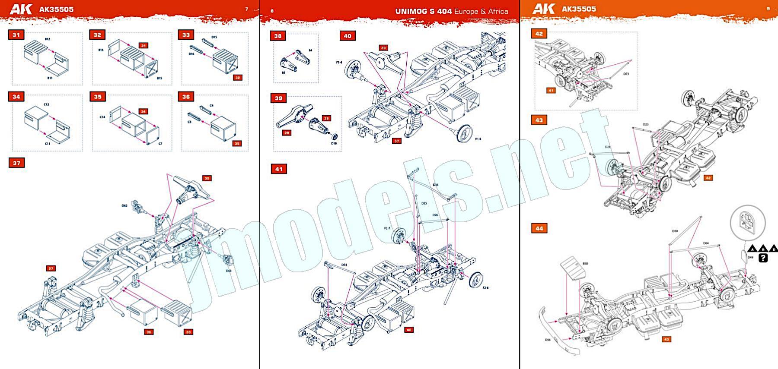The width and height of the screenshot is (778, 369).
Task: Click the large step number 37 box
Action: pos(16,163)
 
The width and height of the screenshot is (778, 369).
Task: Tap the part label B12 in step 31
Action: pos(48,39)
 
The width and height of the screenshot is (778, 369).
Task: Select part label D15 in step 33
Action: pos(214,38)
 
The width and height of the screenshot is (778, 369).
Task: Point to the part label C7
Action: pos(160,143)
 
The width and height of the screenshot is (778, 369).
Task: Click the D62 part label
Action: pos(124,206)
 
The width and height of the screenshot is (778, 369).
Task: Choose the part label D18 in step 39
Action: pos(334,143)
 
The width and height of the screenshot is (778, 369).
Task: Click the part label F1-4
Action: pos(339,63)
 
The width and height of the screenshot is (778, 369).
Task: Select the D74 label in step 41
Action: pos(344,265)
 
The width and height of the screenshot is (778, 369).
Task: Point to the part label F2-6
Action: pos(485,288)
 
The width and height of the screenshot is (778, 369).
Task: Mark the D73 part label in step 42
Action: pos(626,74)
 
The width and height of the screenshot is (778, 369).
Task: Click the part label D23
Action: pos(645,125)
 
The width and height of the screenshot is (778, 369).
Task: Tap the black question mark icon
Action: pos(763,258)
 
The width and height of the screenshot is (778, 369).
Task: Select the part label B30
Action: pos(585,263)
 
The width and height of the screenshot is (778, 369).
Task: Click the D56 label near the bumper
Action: pos(548,340)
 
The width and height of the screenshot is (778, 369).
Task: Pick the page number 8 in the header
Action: pos(272,11)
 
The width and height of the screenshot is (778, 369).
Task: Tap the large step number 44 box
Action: pos(539,228)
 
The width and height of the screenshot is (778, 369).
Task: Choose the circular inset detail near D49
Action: pos(748,223)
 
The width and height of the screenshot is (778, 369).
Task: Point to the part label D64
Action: pos(705,243)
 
